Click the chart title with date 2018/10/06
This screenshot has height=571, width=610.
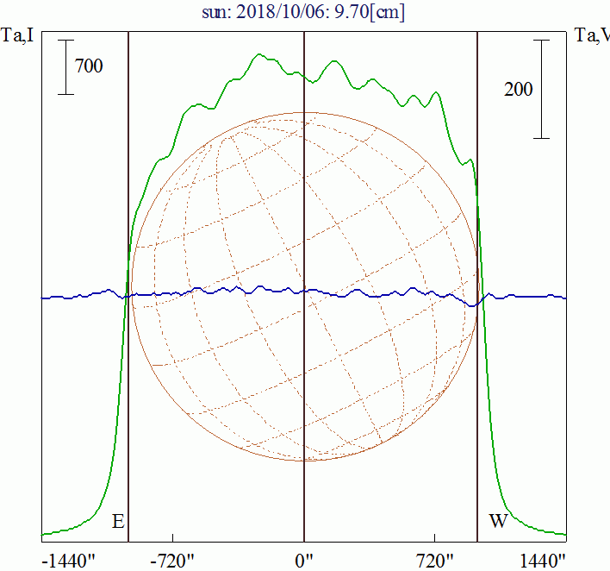coord(304,12)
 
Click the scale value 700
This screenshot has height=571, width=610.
coord(89,65)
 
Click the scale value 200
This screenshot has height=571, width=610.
coord(518,89)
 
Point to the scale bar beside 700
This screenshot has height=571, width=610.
coord(65,66)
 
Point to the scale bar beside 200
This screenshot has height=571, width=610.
coord(541,89)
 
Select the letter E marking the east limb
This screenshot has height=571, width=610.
coord(118,521)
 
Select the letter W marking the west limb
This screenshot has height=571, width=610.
coord(498,521)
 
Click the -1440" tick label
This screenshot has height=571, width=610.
coord(68,560)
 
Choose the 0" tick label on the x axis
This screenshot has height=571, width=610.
coord(304,560)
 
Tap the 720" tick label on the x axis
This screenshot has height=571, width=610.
coord(434,560)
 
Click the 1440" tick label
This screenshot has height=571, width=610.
coord(542,560)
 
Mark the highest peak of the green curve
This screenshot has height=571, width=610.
coord(259,55)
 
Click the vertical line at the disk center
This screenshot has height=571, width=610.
coord(304,216)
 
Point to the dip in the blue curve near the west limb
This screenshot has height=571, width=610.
coord(472,304)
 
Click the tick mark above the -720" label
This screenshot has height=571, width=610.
coord(173,539)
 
